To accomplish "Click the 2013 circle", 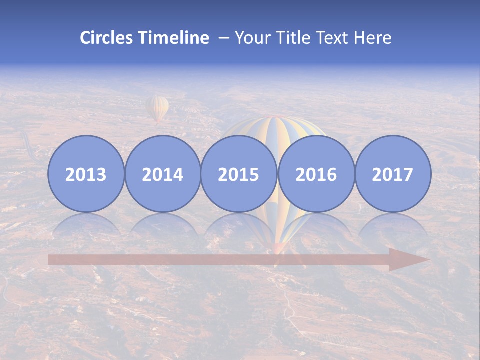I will tap(86, 174).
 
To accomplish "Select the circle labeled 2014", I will tap(162, 174).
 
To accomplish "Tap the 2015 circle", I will tap(239, 174).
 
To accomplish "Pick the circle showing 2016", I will tap(316, 174).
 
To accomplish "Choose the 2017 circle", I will tap(393, 174).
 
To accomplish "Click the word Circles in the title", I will tap(107, 38).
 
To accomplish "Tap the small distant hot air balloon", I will tap(157, 108).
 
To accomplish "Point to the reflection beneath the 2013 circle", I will tap(86, 225).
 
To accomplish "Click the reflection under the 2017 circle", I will tap(393, 225).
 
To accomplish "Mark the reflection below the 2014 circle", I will tap(162, 225).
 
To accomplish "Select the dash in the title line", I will tap(224, 38).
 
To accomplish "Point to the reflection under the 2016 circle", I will tap(316, 225).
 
